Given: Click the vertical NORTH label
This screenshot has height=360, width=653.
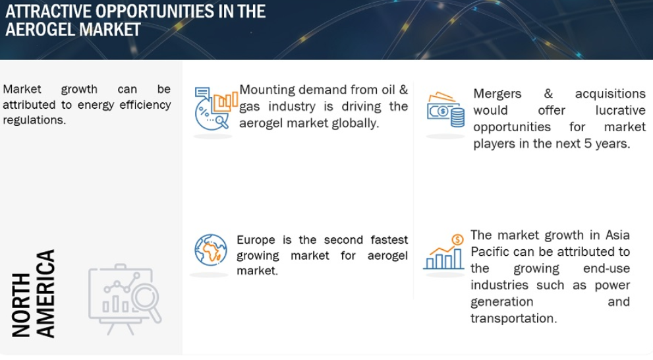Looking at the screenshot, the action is pyautogui.click(x=21, y=305).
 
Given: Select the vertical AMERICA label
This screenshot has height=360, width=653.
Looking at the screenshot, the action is pyautogui.click(x=45, y=293).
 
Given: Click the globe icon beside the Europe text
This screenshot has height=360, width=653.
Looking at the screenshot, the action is pyautogui.click(x=211, y=250).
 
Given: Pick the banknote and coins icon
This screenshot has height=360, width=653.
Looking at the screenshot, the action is pyautogui.click(x=445, y=109).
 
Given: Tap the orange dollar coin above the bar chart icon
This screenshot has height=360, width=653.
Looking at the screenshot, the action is pyautogui.click(x=457, y=239).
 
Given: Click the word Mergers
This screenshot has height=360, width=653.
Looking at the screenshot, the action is pyautogui.click(x=497, y=94).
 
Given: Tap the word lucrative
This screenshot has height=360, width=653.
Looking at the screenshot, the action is pyautogui.click(x=620, y=110).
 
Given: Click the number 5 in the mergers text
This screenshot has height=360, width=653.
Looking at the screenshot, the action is pyautogui.click(x=588, y=144).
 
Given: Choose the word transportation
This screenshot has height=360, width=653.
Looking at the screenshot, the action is pyautogui.click(x=513, y=318).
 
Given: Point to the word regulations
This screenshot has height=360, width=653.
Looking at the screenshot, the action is pyautogui.click(x=34, y=121).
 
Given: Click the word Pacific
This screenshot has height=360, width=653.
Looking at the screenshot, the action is pyautogui.click(x=490, y=252).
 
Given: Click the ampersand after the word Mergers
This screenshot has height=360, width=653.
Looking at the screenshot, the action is pyautogui.click(x=548, y=94).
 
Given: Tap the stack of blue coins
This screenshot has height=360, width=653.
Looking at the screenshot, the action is pyautogui.click(x=458, y=117).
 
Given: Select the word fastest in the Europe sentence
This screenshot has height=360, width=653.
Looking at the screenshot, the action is pyautogui.click(x=389, y=240).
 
